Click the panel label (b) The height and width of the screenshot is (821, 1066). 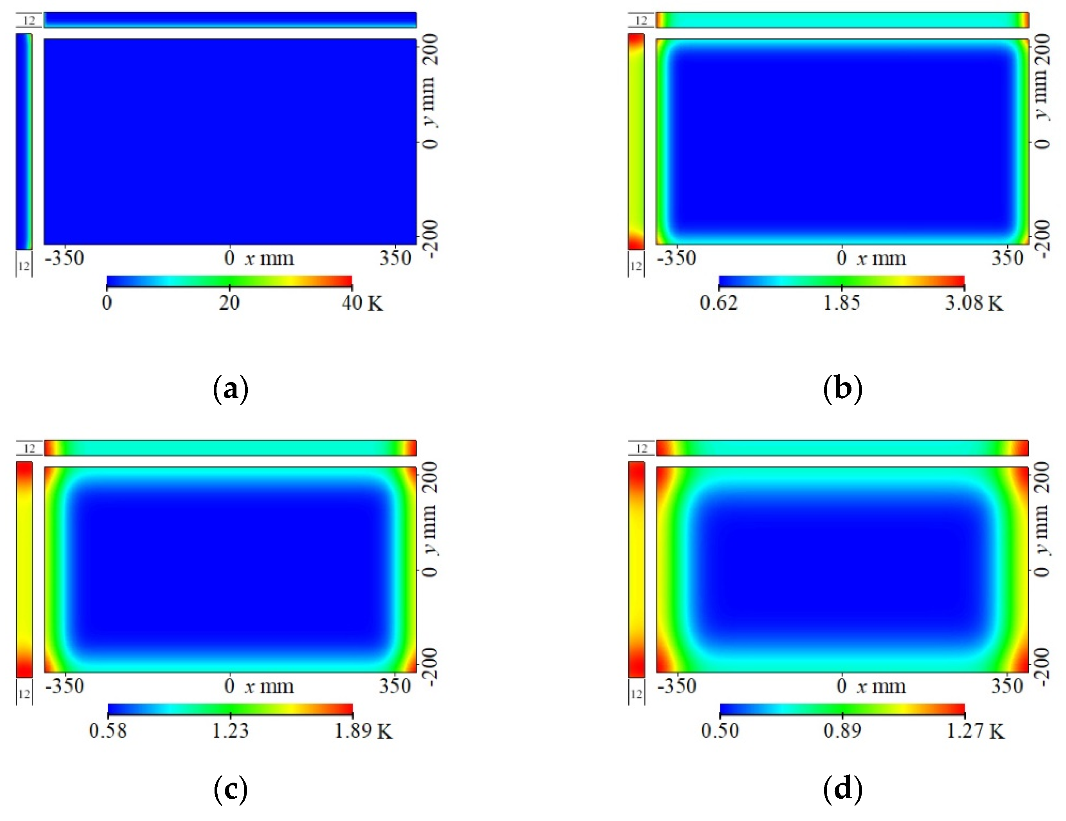tap(842, 389)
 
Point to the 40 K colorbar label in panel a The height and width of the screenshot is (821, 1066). tap(362, 303)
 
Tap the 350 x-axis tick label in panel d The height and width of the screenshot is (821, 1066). tap(1007, 686)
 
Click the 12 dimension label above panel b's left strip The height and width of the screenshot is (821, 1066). tap(641, 20)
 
